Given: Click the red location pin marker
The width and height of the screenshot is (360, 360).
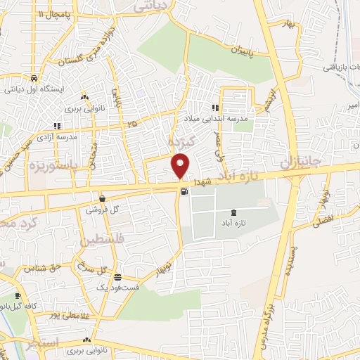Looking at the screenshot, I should (x=181, y=166).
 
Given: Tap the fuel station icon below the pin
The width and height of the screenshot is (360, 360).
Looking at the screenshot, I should (x=184, y=191).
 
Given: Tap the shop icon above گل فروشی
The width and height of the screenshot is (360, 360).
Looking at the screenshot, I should (x=103, y=198).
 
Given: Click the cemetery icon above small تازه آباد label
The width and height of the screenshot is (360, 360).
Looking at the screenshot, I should (x=234, y=212).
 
